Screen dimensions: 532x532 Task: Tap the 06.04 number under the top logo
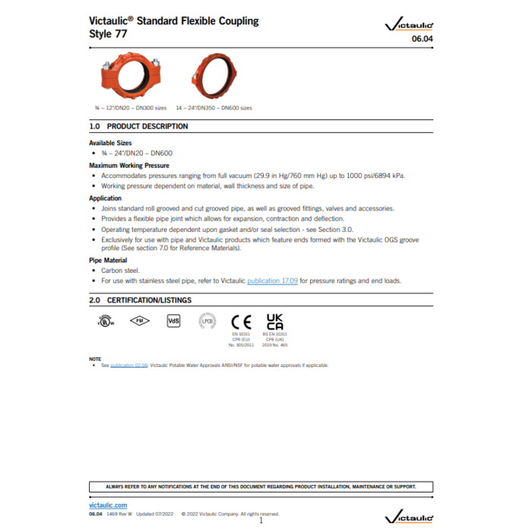pos(423,38)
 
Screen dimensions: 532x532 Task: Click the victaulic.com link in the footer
pos(108,505)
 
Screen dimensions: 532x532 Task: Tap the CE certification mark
pos(241,321)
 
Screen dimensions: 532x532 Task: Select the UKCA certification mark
pos(275,321)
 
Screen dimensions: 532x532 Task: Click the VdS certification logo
pos(173,321)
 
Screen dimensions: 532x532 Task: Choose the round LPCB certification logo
pos(207,321)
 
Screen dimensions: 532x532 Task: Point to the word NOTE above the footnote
pos(95,359)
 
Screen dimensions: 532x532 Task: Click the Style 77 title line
pos(108,34)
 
